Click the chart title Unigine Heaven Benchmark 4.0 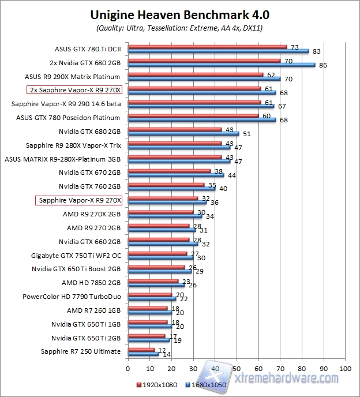click(x=179, y=14)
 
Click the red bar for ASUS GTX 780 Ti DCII click(x=207, y=47)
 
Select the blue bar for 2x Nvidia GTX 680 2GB click(x=222, y=65)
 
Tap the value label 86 click(x=323, y=65)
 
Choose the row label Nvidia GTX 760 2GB click(x=89, y=186)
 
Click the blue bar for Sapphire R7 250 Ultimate click(x=143, y=354)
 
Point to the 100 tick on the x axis click(x=345, y=368)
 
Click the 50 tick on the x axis click(x=237, y=368)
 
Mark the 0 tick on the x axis click(x=128, y=368)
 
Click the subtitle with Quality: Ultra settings click(x=179, y=28)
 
